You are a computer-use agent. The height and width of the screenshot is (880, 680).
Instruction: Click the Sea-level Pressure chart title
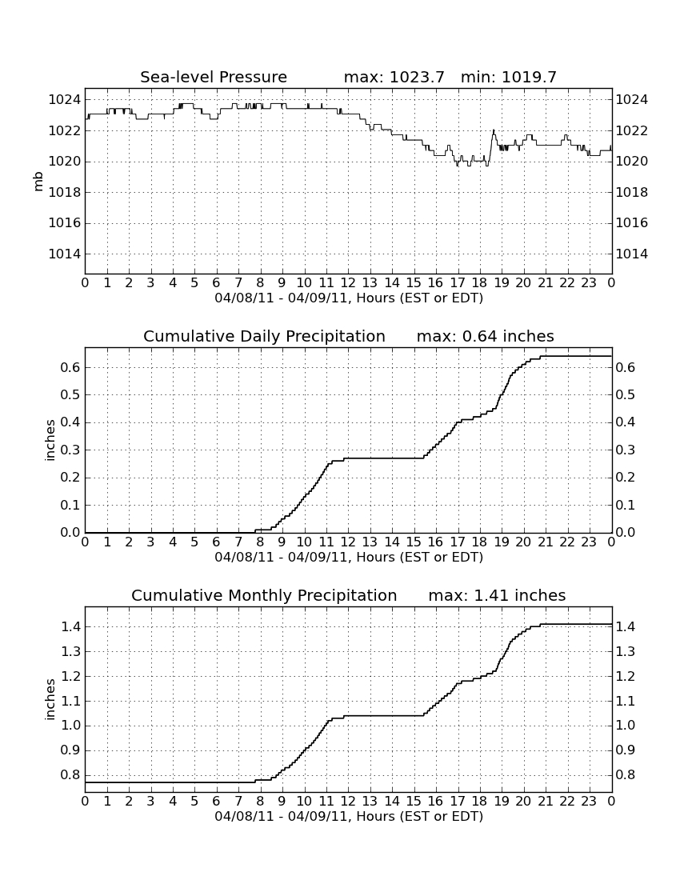point(214,77)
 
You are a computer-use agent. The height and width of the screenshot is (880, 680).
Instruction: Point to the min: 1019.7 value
point(508,77)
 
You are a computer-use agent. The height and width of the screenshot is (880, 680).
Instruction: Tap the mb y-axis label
point(38,182)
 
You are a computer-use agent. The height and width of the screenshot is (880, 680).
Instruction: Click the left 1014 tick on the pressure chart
point(65,254)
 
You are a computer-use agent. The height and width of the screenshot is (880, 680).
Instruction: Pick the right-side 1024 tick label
point(632,100)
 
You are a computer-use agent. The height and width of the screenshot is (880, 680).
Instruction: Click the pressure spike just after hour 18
point(494,130)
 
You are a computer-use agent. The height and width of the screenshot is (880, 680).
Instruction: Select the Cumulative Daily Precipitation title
point(264,336)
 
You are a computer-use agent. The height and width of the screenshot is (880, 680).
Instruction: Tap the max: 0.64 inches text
point(486,336)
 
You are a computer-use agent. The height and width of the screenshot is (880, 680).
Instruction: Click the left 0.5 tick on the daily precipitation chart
point(70,394)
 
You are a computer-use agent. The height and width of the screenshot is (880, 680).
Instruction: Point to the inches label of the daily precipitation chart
point(50,440)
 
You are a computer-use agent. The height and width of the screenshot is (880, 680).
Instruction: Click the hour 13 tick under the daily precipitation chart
point(370,542)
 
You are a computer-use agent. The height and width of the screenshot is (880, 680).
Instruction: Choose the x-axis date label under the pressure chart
point(349,298)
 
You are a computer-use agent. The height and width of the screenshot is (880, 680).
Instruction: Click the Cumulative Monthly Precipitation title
point(264,595)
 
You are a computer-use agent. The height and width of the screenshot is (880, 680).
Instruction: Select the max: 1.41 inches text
point(497,595)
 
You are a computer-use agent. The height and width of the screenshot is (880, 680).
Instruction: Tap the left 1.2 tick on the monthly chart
point(70,676)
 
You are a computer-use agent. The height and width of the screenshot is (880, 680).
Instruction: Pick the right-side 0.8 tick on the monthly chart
point(626,775)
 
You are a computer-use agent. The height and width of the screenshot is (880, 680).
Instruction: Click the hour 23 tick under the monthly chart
point(589,802)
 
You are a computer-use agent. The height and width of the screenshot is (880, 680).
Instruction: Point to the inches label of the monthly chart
point(50,699)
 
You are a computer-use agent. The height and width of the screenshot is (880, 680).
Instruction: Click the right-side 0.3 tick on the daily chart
point(626,450)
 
